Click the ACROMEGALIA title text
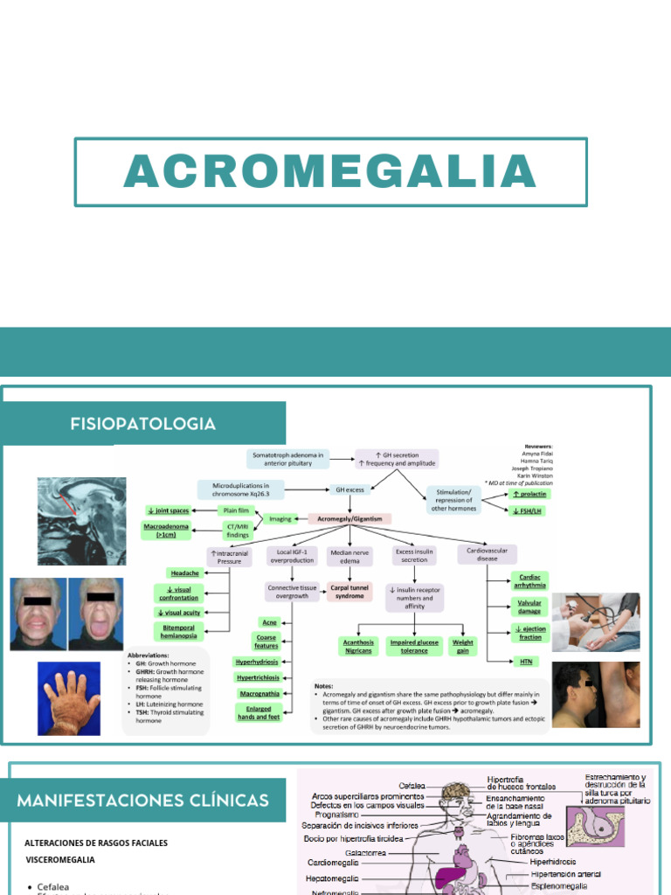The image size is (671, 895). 330,171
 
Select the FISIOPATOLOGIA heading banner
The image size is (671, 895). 143,424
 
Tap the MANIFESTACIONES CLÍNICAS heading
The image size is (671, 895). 143,800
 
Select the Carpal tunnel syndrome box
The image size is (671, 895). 349,592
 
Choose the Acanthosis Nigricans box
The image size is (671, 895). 357,646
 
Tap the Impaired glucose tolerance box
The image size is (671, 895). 415,646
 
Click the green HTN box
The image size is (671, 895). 526,662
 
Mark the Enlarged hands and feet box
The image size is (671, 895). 259,712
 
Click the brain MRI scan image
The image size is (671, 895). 81,521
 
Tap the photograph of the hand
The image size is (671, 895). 70,697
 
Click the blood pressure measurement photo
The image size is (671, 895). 596,621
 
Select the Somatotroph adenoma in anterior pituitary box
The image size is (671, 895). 288,459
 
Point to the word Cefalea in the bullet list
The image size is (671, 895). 53,886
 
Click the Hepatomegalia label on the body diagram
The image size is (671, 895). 330,878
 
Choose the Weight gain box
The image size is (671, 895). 462,646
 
